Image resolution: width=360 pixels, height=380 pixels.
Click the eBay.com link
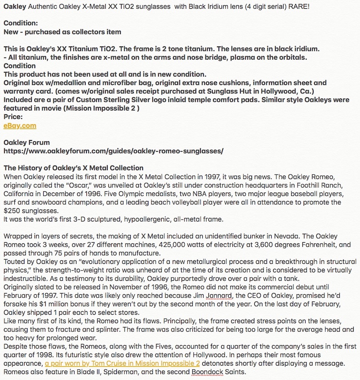20,126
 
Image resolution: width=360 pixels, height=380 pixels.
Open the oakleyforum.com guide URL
113,151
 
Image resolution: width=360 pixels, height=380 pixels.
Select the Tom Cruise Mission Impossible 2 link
122,364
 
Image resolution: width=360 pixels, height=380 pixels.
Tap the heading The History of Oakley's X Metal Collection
73,168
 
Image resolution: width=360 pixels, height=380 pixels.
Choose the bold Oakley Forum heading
27,143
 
